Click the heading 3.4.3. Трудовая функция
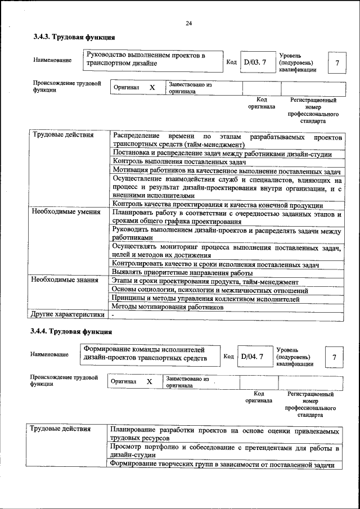click(74, 38)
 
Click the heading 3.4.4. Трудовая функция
click(74, 332)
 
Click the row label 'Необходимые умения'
click(66, 212)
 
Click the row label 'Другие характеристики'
click(67, 314)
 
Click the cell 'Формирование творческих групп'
click(222, 465)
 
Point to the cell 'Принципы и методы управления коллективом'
click(205, 299)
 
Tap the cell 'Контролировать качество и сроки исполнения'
click(216, 264)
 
